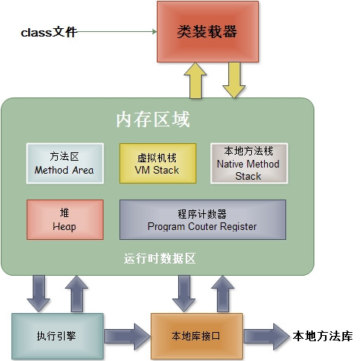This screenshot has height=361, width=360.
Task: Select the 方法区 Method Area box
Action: click(x=64, y=163)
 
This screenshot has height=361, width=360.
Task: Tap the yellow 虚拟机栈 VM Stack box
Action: click(x=158, y=163)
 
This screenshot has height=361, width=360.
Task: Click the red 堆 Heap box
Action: click(x=64, y=220)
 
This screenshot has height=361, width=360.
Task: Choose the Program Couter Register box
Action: click(x=202, y=220)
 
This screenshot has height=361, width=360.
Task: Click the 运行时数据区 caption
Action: click(x=160, y=258)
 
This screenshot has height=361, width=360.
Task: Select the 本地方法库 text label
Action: click(x=323, y=334)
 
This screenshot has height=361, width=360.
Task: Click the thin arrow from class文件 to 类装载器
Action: click(x=114, y=33)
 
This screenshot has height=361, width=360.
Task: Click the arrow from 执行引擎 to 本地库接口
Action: click(x=125, y=334)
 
